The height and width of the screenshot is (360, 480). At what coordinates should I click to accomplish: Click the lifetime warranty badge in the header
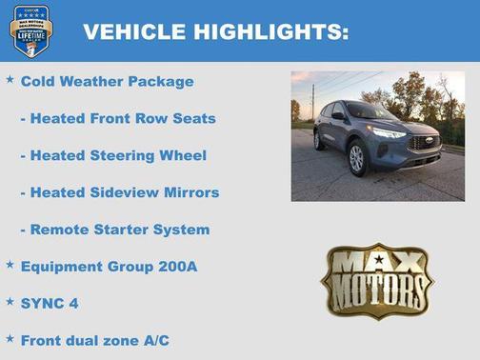click(x=30, y=30)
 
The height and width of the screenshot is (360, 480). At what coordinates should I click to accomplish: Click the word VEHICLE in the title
click(x=134, y=32)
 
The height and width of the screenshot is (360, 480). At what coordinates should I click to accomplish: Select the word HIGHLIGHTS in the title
click(x=270, y=32)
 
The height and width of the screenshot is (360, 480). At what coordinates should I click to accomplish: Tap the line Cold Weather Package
click(x=107, y=82)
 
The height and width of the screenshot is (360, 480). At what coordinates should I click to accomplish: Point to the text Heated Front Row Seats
click(x=118, y=119)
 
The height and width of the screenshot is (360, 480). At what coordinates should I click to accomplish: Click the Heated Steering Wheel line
click(x=113, y=155)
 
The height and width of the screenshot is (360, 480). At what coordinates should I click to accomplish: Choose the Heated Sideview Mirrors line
click(x=120, y=192)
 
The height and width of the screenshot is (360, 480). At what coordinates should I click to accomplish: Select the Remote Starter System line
click(x=115, y=230)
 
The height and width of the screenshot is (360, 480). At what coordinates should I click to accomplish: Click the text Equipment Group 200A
click(x=109, y=267)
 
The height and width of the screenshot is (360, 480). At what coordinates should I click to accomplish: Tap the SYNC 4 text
click(x=50, y=304)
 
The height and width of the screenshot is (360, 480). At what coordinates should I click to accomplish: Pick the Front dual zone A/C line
click(x=95, y=340)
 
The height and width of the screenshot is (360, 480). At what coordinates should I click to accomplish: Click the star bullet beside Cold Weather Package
click(x=10, y=80)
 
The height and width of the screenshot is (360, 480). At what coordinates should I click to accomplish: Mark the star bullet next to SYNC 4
click(x=10, y=302)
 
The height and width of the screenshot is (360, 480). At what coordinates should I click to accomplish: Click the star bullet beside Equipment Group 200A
click(x=10, y=265)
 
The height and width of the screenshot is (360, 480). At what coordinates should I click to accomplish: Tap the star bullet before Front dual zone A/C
click(x=10, y=338)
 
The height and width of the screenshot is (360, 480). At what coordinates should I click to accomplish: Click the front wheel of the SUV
click(x=356, y=158)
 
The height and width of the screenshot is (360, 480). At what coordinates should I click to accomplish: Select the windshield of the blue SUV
click(x=368, y=112)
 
